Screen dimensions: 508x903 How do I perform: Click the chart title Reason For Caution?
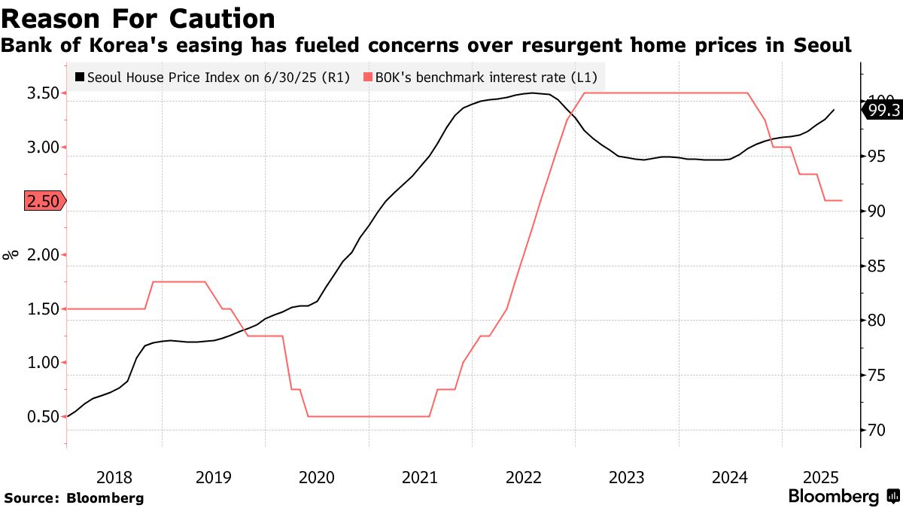click(138, 18)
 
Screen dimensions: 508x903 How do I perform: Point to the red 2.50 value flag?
click(44, 201)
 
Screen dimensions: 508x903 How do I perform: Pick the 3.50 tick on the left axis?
click(42, 93)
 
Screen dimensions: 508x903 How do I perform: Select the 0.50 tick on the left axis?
click(42, 417)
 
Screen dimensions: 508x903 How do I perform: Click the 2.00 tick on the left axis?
click(42, 255)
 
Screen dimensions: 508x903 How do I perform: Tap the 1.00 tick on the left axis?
click(42, 363)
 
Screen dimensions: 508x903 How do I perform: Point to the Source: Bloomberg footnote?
click(74, 498)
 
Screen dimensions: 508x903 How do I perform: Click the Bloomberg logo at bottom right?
click(843, 497)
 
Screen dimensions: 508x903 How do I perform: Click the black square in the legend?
click(80, 77)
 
